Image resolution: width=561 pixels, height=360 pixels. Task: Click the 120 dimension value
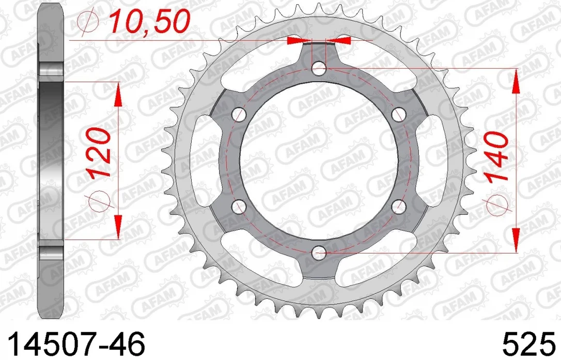99,154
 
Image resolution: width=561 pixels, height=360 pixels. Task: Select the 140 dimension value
496,156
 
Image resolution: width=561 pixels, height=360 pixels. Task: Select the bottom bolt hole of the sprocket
319,253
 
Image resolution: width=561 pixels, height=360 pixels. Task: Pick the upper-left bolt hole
239,115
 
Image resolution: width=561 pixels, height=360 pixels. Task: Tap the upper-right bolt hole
399,115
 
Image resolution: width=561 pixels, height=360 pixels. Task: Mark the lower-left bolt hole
239,207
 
